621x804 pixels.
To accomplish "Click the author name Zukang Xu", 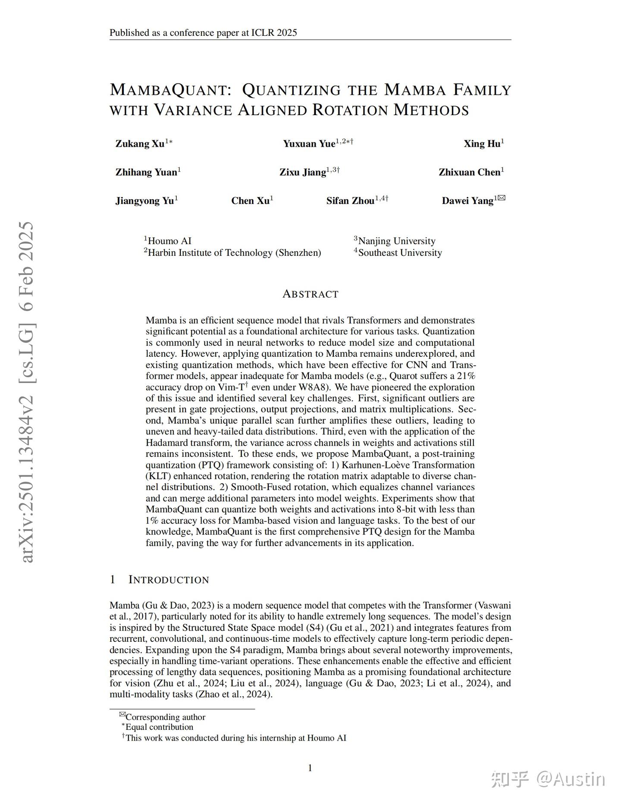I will pyautogui.click(x=140, y=144).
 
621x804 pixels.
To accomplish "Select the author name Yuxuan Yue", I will pyautogui.click(x=309, y=144).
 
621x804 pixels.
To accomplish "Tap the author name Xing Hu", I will pyautogui.click(x=482, y=144).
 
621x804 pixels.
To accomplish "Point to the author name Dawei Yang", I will pyautogui.click(x=467, y=201).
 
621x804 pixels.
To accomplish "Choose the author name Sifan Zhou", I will pyautogui.click(x=350, y=201).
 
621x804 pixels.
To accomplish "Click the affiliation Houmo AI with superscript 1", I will pyautogui.click(x=168, y=241).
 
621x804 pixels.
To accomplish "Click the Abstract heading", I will pyautogui.click(x=310, y=294).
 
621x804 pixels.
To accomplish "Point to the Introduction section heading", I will pyautogui.click(x=168, y=580).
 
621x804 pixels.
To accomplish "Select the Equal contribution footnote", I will pyautogui.click(x=159, y=727).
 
